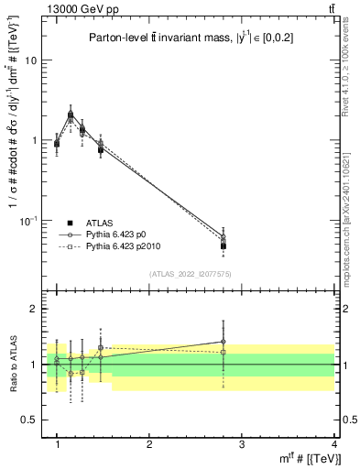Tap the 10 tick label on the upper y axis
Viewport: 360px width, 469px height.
tap(31, 60)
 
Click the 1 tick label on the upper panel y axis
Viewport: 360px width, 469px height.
tap(34, 141)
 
